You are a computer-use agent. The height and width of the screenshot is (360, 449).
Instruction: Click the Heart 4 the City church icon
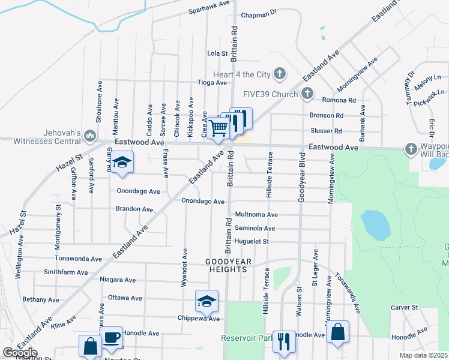(x=279, y=74)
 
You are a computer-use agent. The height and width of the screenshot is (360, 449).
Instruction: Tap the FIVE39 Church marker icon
(x=307, y=94)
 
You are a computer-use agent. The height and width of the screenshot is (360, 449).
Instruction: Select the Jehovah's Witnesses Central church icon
(x=90, y=136)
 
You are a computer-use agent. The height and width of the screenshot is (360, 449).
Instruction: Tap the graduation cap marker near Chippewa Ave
(x=206, y=301)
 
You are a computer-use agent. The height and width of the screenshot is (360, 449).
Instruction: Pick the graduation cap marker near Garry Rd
(x=122, y=163)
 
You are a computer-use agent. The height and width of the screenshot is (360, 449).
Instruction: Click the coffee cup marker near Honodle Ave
(x=111, y=338)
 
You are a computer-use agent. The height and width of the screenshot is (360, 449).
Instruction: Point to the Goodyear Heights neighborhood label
(x=226, y=266)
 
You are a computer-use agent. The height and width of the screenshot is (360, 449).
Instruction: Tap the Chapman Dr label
(x=259, y=12)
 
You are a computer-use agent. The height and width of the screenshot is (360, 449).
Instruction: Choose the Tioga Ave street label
(x=212, y=83)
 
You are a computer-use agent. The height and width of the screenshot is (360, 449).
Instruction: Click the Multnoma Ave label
(x=256, y=214)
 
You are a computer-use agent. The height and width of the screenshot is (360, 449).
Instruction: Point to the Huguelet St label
(x=252, y=242)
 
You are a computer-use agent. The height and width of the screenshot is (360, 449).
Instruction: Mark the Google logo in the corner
(x=19, y=353)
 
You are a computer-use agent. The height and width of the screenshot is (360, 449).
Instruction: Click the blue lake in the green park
(x=376, y=224)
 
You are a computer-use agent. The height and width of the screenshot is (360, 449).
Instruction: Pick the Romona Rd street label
(x=339, y=100)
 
